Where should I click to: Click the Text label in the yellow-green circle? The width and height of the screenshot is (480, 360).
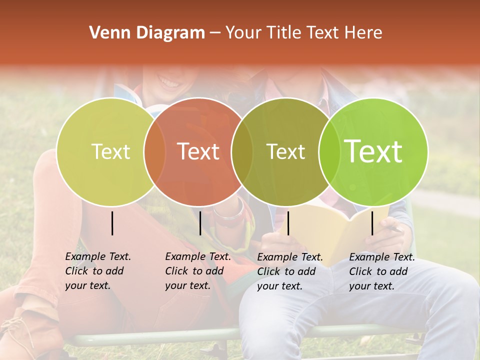point(110,151)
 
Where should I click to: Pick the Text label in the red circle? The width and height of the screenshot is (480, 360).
point(198,151)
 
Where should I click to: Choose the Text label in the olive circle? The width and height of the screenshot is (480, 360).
point(285,151)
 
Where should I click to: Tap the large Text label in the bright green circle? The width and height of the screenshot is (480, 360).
point(373,151)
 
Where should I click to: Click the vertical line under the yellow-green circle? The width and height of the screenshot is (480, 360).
point(112,223)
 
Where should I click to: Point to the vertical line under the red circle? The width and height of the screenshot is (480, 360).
point(200,223)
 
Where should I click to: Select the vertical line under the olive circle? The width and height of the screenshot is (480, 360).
point(288,223)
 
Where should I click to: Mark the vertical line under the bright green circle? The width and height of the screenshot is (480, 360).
point(372,223)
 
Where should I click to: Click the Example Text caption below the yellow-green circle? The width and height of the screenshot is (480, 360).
point(97,271)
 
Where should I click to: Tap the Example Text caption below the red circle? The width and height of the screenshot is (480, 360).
point(197,271)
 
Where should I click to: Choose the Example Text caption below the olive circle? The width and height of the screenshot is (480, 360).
point(289,271)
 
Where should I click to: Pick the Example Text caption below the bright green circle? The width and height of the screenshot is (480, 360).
point(381,271)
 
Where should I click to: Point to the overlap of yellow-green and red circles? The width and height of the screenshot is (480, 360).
point(154,152)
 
